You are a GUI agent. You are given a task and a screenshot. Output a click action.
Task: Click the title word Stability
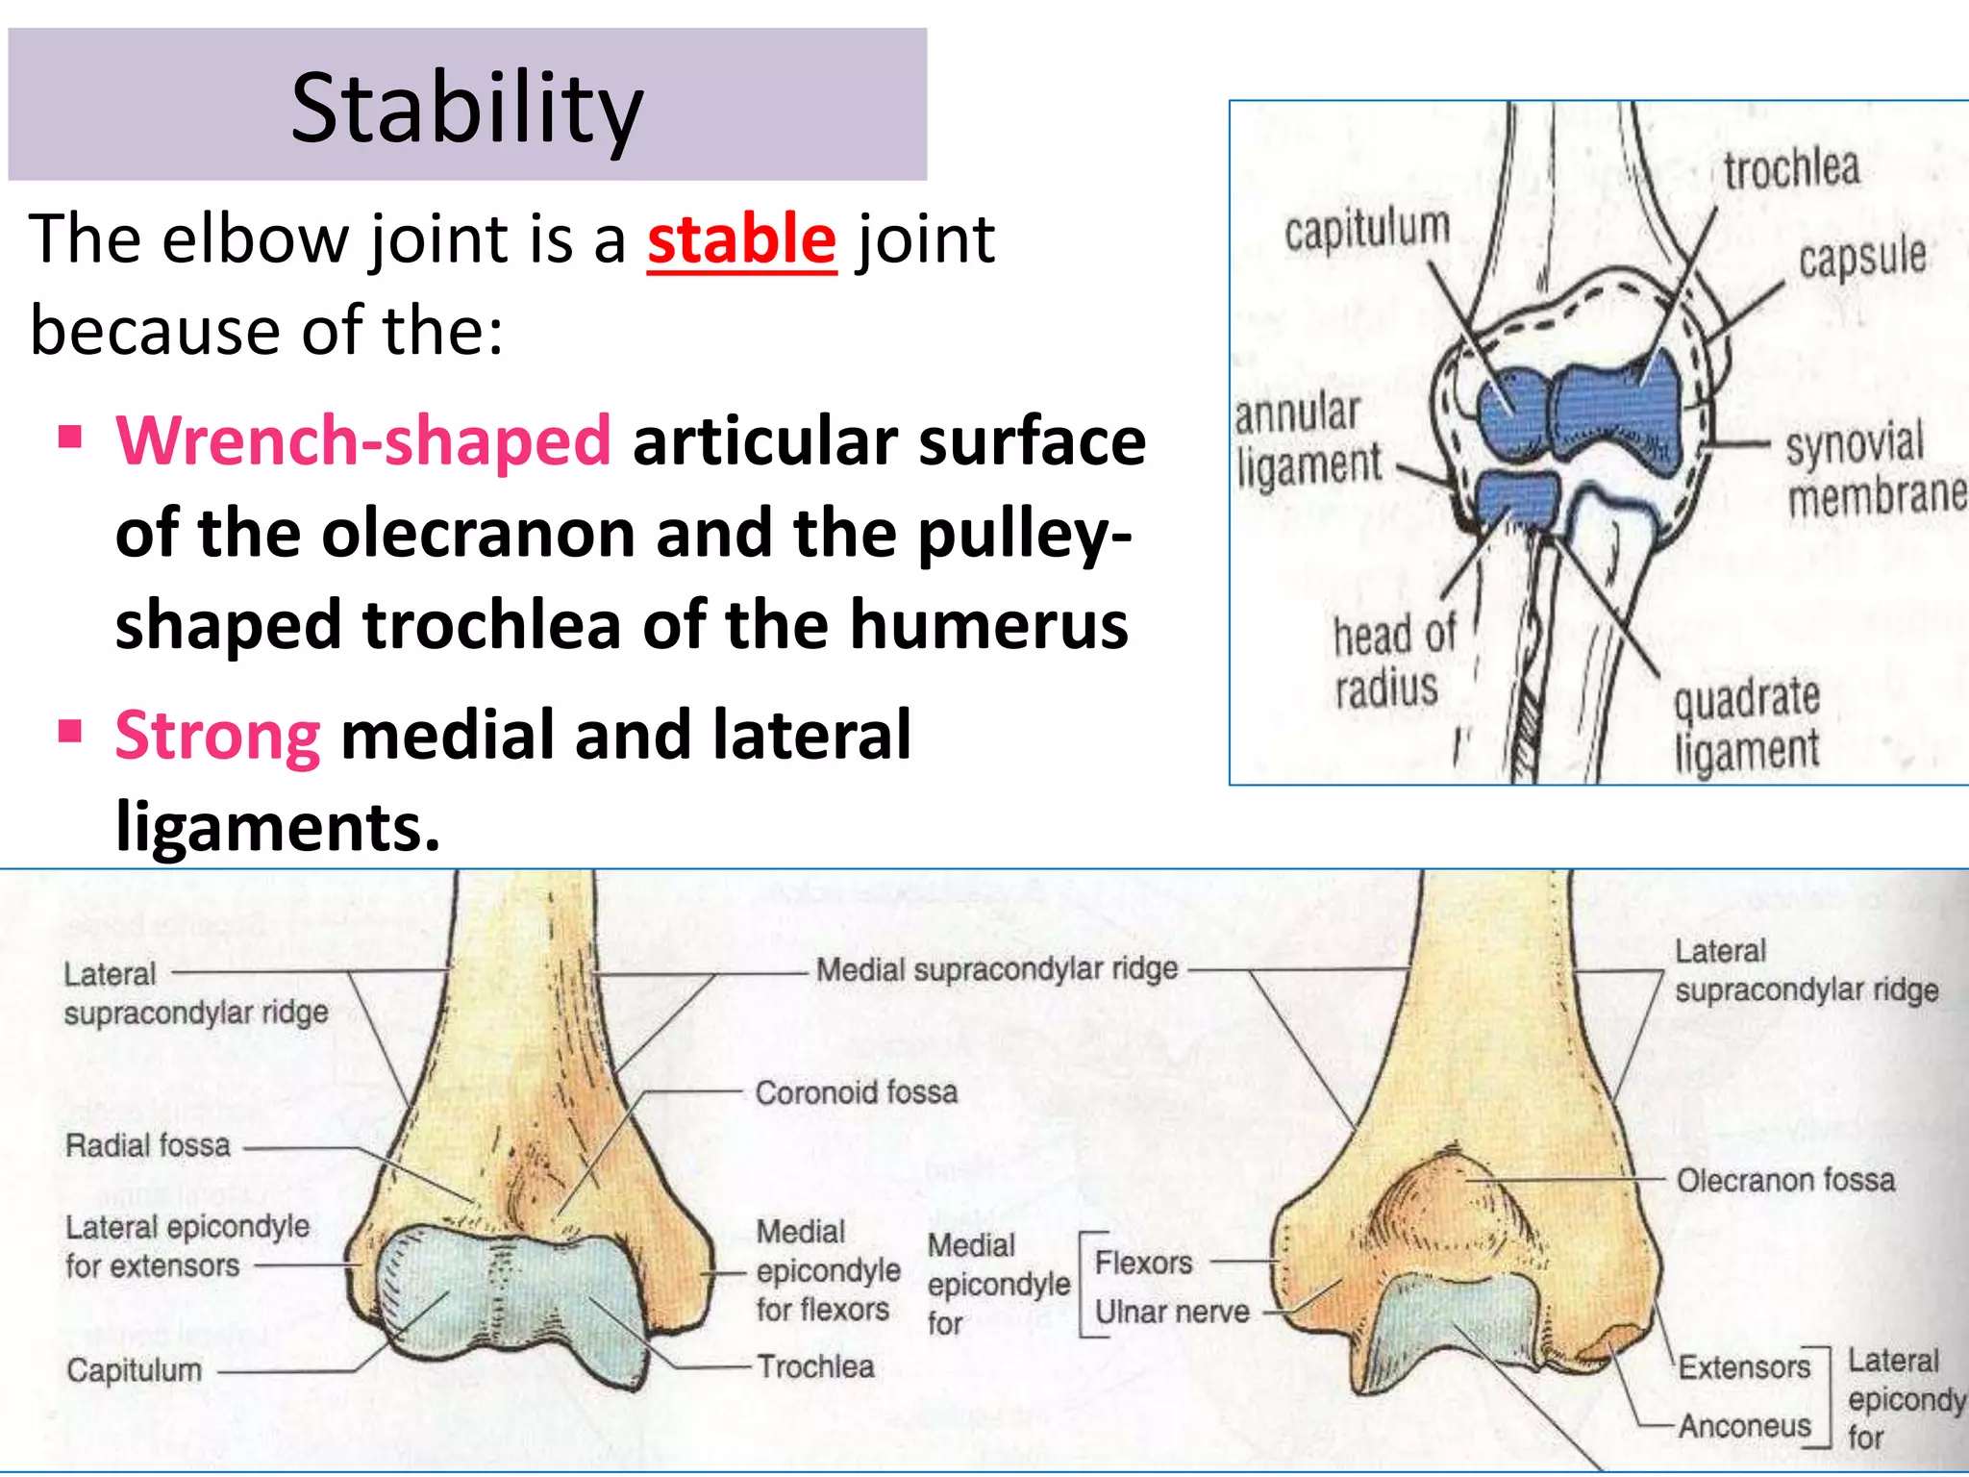tap(466, 108)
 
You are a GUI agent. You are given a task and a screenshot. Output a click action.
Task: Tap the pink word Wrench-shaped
tap(363, 440)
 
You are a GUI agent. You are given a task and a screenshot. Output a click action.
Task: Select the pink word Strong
tap(217, 735)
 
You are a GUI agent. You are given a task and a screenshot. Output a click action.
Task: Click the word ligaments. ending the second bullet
tap(278, 825)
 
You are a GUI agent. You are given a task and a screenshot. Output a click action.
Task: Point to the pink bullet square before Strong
tap(69, 732)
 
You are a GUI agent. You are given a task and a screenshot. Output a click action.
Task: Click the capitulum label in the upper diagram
tap(1366, 230)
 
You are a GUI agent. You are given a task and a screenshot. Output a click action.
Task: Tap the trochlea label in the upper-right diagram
tap(1791, 170)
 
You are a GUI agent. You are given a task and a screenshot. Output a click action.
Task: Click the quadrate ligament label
tap(1747, 723)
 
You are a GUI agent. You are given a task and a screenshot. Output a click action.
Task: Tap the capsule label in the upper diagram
tap(1862, 258)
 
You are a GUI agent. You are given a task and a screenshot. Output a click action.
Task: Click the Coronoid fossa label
tap(856, 1092)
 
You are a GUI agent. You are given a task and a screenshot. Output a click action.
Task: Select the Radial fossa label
tap(147, 1145)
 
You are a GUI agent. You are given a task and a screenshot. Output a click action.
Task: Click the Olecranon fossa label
tap(1785, 1180)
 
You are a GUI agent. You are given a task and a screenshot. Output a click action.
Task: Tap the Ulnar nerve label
tap(1171, 1312)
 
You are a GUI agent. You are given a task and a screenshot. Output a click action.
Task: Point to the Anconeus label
tap(1744, 1425)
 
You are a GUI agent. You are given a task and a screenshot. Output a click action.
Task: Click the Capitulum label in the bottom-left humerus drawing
tap(134, 1369)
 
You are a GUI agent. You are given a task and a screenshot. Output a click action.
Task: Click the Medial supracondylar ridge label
tap(996, 969)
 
